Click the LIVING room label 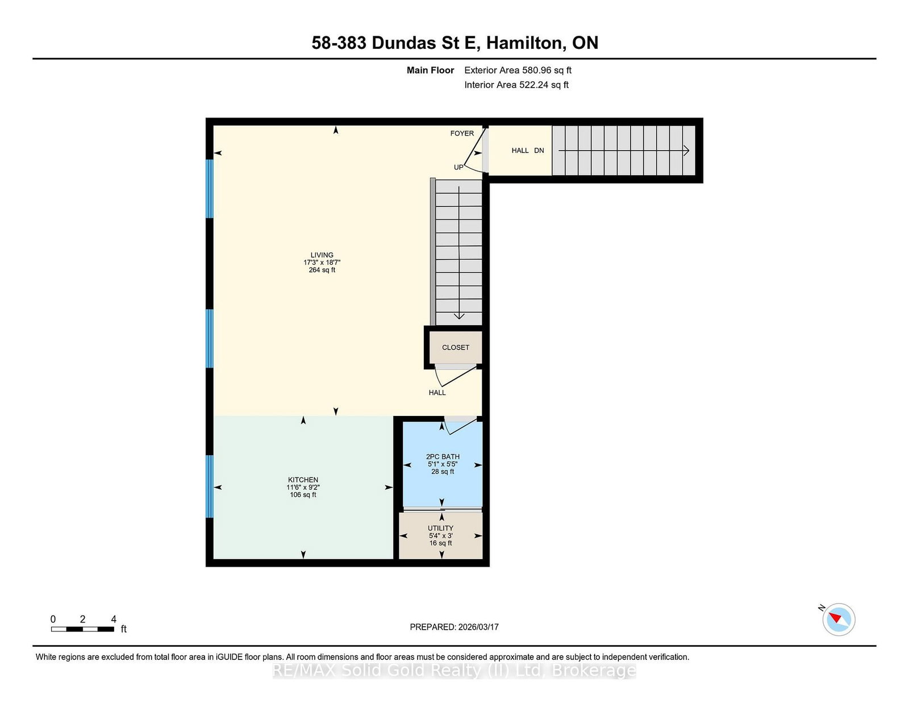point(322,255)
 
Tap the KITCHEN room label point(303,480)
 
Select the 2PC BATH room point(443,464)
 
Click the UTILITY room point(440,535)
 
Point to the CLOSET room point(456,347)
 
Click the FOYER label point(462,134)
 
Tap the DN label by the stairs point(539,151)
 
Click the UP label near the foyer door point(458,167)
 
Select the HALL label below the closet point(437,393)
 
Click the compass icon point(839,619)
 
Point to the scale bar point(82,629)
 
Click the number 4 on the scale point(114,619)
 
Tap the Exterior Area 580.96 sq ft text point(518,70)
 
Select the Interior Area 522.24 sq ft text point(516,85)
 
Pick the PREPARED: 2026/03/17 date point(454,627)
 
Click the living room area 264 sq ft point(322,270)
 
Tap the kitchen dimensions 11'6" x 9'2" point(303,487)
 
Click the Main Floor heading point(430,70)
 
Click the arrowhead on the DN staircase point(686,151)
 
